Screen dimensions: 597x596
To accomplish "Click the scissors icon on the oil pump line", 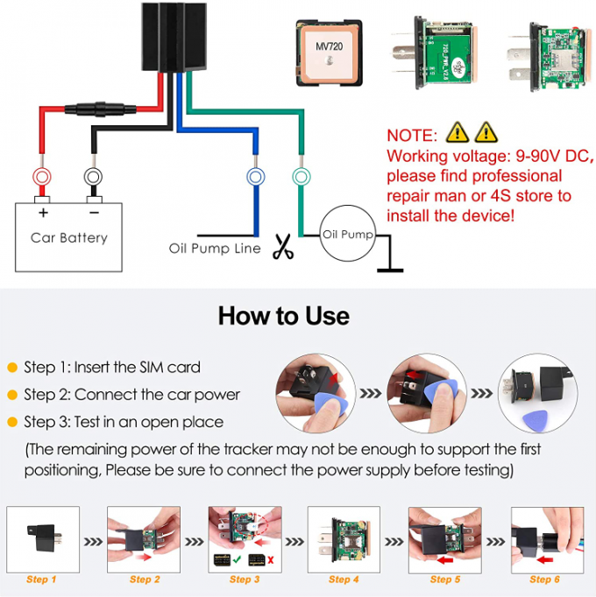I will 282,247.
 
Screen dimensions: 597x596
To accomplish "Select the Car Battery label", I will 69,237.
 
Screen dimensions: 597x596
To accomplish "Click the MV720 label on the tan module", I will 329,42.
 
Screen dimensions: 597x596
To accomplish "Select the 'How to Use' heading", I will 283,315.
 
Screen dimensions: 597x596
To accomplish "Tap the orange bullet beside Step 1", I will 12,368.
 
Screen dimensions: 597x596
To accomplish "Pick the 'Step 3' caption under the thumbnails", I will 245,579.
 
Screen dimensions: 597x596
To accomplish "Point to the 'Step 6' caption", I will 544,579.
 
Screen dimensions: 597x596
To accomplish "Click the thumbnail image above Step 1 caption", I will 43,536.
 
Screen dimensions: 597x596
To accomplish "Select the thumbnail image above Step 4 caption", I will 344,536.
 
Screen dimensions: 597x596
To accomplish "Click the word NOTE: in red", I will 411,136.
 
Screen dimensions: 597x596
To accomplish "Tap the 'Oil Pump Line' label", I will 215,249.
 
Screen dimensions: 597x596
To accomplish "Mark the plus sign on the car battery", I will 42,212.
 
